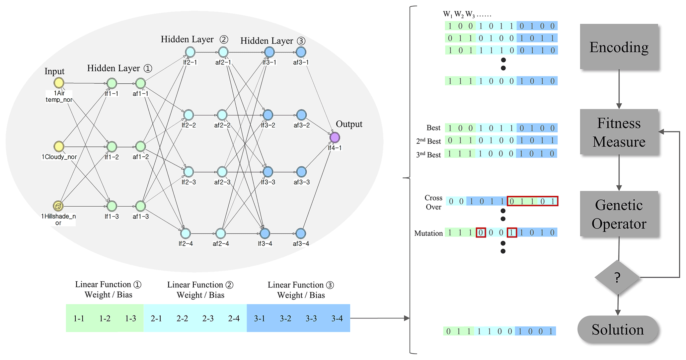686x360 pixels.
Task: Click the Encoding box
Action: [x=619, y=47]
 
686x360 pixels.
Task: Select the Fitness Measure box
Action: [x=619, y=132]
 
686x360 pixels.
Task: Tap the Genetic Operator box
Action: [x=619, y=214]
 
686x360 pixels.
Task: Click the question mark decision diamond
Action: [x=617, y=277]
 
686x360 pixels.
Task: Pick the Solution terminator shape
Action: [x=618, y=329]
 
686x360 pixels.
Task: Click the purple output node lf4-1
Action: [x=335, y=137]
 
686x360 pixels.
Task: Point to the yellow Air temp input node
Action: [x=59, y=83]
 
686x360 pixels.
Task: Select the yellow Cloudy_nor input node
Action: [x=59, y=146]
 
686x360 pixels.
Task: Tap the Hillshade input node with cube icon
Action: [x=58, y=206]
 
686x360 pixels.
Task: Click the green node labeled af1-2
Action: [x=140, y=146]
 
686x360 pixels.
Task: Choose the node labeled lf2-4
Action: [x=186, y=233]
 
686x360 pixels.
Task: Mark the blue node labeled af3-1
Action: [x=301, y=52]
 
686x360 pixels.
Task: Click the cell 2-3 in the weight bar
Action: [x=208, y=318]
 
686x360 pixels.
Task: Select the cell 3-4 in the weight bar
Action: [x=337, y=318]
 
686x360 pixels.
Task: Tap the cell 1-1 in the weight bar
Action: [x=79, y=318]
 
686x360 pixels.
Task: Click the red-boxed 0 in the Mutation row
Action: [x=481, y=232]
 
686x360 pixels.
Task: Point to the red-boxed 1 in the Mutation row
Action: [x=512, y=232]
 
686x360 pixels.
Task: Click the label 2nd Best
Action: [x=428, y=141]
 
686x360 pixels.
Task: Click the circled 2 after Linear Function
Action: [x=229, y=285]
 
